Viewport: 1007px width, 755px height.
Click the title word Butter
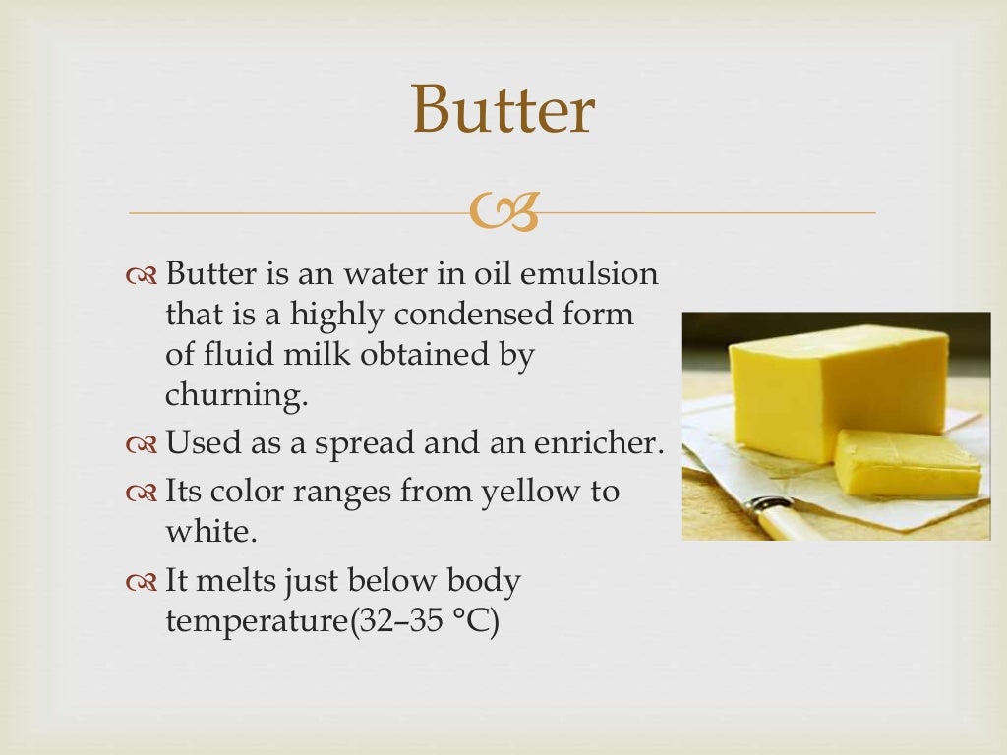[503, 110]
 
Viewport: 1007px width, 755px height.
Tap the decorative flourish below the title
[503, 211]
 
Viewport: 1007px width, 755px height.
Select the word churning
[236, 396]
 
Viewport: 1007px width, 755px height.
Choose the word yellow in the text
[529, 490]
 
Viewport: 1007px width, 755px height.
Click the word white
[210, 531]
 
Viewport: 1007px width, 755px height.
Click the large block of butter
[836, 388]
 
